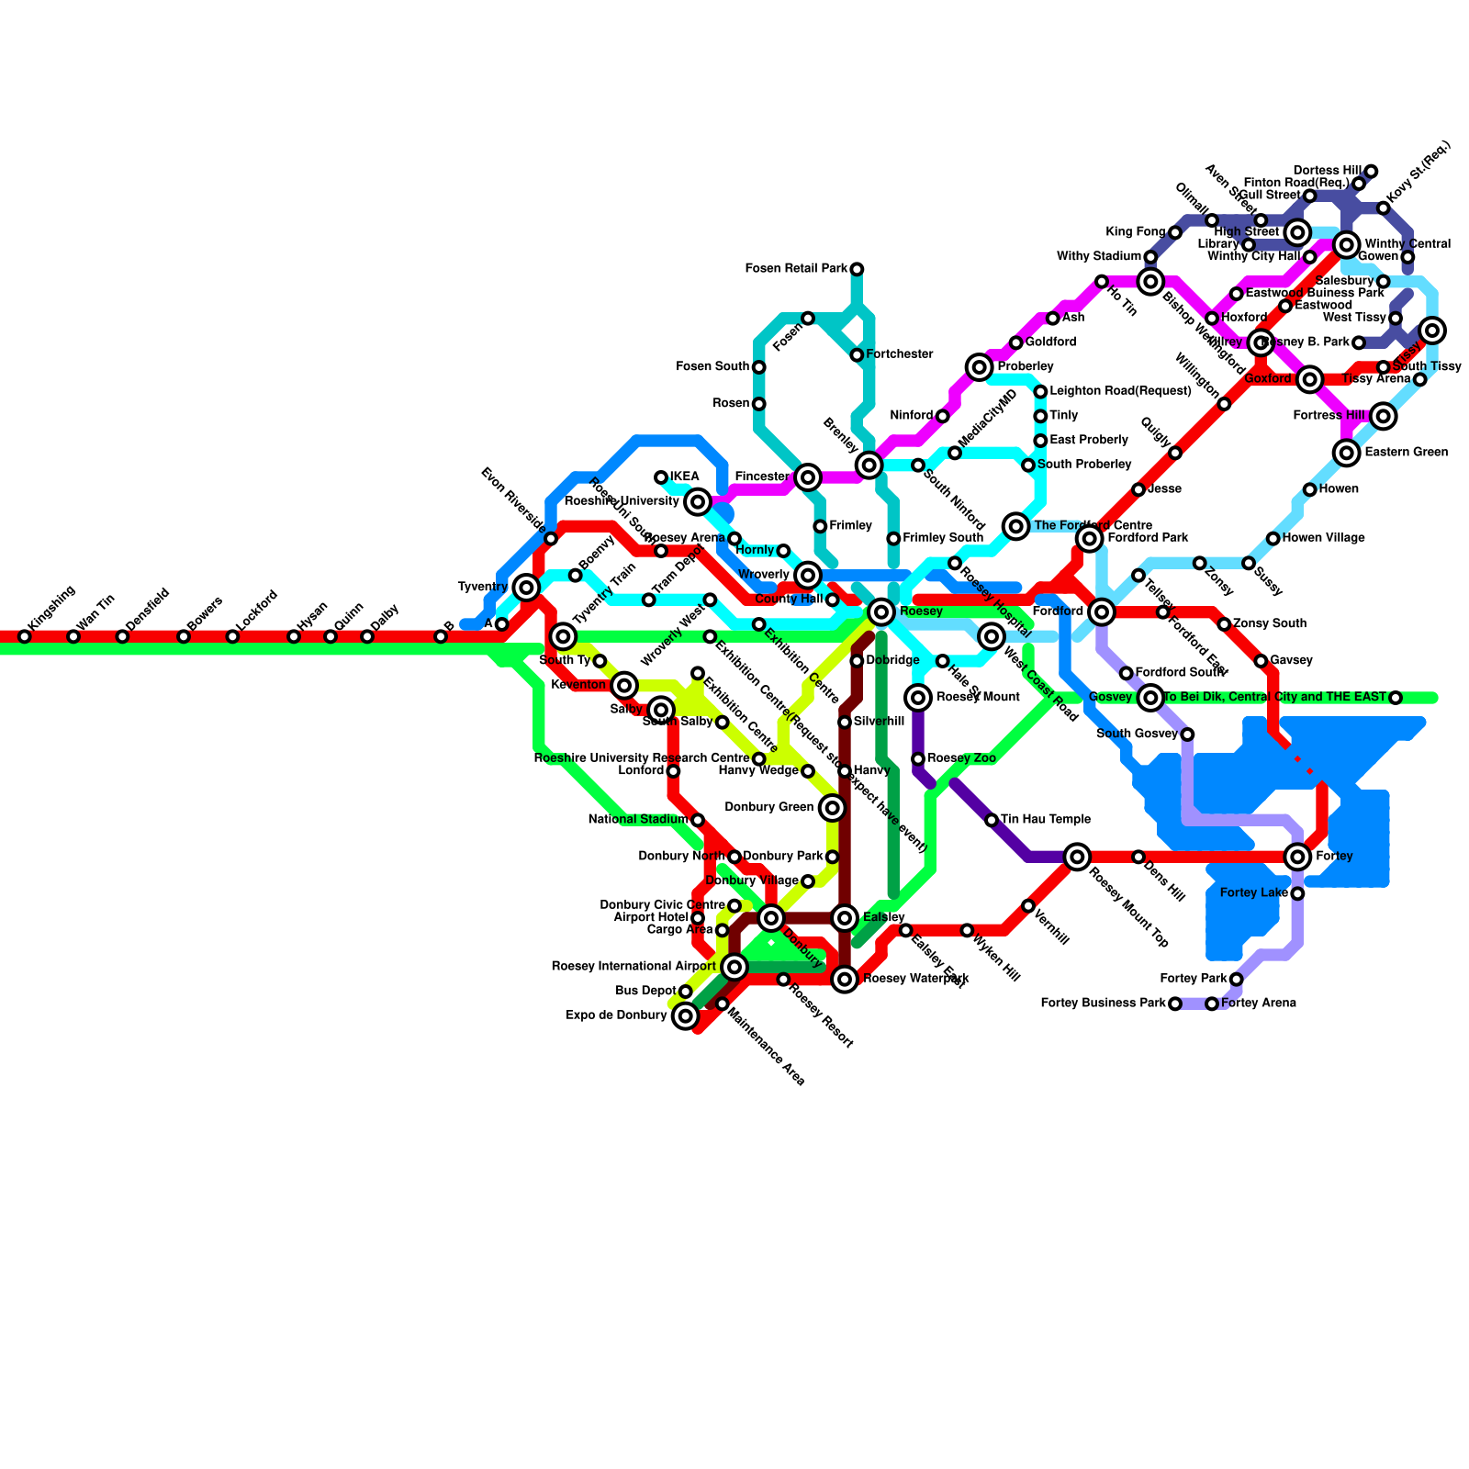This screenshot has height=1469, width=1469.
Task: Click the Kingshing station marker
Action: coord(25,636)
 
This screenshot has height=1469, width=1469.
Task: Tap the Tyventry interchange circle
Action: coord(526,587)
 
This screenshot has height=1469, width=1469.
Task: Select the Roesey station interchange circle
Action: coord(881,611)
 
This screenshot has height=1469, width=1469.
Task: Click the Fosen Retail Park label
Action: coord(796,269)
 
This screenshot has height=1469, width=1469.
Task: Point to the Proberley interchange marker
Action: coord(980,367)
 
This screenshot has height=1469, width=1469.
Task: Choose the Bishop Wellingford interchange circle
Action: coord(1151,281)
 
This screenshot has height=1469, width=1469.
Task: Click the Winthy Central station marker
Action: coord(1347,244)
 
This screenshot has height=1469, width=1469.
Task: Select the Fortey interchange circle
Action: coord(1297,857)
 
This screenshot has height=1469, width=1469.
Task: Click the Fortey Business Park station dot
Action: coord(1175,1004)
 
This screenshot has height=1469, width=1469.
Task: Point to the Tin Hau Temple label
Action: coord(1046,820)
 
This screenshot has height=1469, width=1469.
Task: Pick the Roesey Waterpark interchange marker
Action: coord(845,980)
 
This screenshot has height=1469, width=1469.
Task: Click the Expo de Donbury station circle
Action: coord(685,1016)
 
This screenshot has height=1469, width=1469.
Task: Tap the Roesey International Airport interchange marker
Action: coord(734,967)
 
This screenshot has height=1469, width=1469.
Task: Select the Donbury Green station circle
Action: coord(832,808)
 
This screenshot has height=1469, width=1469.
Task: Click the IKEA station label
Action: coord(685,477)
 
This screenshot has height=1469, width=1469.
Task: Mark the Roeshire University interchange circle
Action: coord(698,501)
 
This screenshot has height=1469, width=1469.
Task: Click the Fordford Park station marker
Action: coord(1090,538)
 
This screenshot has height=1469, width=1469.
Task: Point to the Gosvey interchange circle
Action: coord(1151,698)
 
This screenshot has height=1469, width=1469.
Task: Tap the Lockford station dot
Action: coord(233,636)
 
